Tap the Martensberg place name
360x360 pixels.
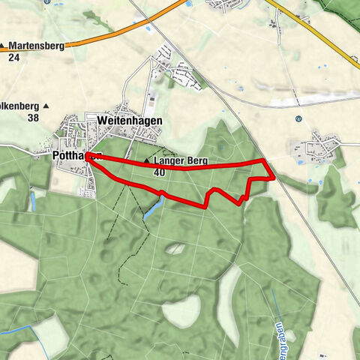[36, 46]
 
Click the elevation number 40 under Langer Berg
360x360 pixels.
[158, 172]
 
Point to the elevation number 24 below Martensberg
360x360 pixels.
[14, 57]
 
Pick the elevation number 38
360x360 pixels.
[32, 118]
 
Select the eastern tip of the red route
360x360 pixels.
[272, 178]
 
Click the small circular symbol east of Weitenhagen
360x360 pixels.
[298, 118]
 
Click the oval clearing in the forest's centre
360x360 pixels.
[175, 248]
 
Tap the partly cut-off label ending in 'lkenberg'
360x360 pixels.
[16, 106]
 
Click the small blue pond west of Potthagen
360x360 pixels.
[32, 201]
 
